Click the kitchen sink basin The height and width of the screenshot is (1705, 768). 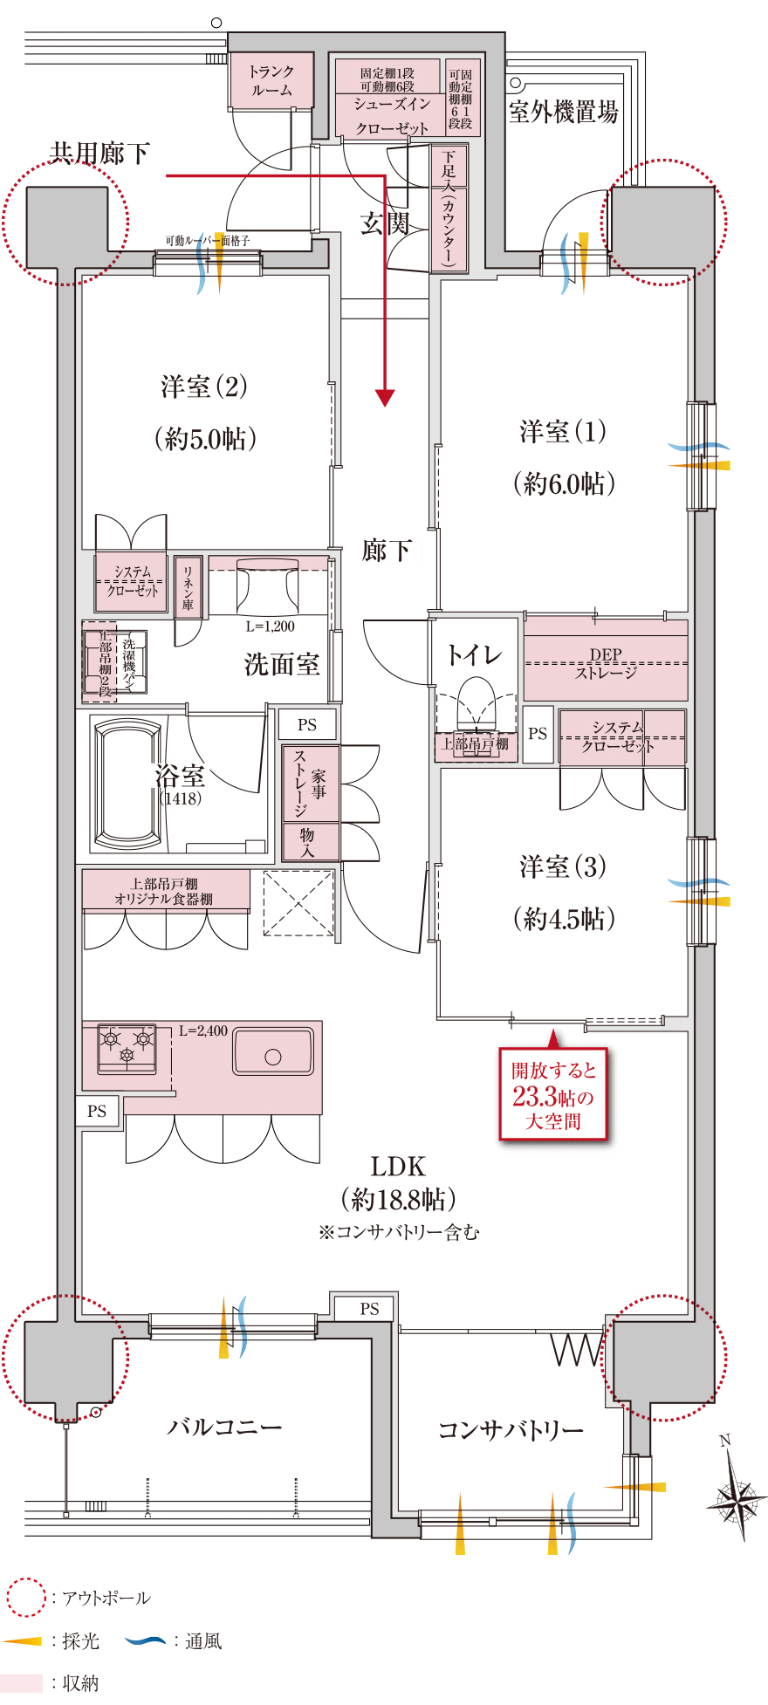tap(272, 1051)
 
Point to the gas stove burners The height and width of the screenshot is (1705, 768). tap(127, 1045)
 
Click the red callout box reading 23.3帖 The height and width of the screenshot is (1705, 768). tap(552, 1095)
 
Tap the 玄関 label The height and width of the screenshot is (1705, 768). tap(385, 224)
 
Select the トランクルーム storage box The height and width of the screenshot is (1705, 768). tap(271, 80)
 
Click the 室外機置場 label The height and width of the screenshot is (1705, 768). tap(563, 113)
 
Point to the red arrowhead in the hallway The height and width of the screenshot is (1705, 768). tap(385, 398)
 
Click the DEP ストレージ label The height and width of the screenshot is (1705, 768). tap(606, 664)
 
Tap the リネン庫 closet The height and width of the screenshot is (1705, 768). tap(188, 586)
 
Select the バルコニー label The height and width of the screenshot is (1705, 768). tap(224, 1428)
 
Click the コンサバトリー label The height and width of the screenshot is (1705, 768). tap(511, 1430)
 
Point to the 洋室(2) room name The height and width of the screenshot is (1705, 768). tap(204, 387)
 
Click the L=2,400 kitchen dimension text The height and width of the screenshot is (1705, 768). tap(203, 1031)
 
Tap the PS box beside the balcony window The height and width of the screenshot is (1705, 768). tap(369, 1308)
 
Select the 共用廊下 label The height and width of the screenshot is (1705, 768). tap(99, 154)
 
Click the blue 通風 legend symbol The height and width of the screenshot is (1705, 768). tap(145, 1641)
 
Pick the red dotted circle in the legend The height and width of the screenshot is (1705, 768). tap(25, 1598)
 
